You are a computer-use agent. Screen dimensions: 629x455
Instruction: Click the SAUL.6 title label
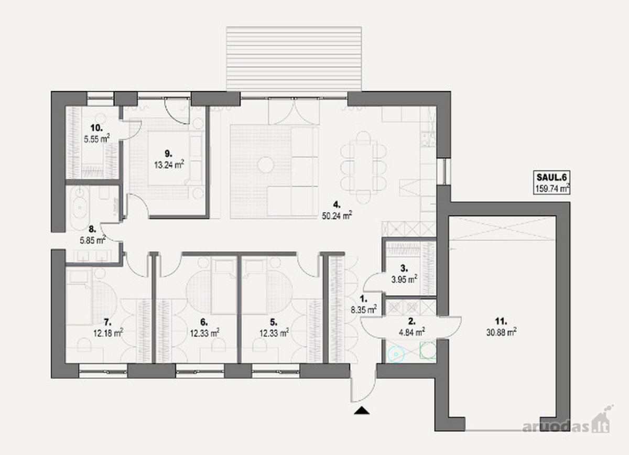[x=552, y=177]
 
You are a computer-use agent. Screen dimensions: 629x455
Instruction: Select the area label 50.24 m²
[x=337, y=215]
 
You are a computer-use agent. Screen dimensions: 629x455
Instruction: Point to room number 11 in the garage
[x=501, y=321]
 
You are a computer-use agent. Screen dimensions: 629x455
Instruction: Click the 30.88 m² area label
[x=502, y=332]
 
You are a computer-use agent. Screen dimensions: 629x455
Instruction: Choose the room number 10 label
[x=96, y=128]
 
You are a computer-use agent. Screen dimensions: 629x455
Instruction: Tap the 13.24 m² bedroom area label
[x=169, y=164]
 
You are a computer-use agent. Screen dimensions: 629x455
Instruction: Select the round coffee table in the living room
[x=266, y=165]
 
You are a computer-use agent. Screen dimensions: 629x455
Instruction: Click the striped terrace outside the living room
[x=294, y=59]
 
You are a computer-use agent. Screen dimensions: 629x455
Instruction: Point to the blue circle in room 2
[x=396, y=354]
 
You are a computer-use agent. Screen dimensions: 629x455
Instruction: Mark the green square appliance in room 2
[x=428, y=350]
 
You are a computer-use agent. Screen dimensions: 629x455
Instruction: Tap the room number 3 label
[x=404, y=268]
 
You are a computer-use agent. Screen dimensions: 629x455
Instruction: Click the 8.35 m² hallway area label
[x=364, y=310]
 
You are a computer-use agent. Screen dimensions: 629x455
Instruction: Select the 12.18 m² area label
[x=109, y=333]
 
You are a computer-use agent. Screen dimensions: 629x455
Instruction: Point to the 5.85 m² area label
[x=93, y=241]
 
